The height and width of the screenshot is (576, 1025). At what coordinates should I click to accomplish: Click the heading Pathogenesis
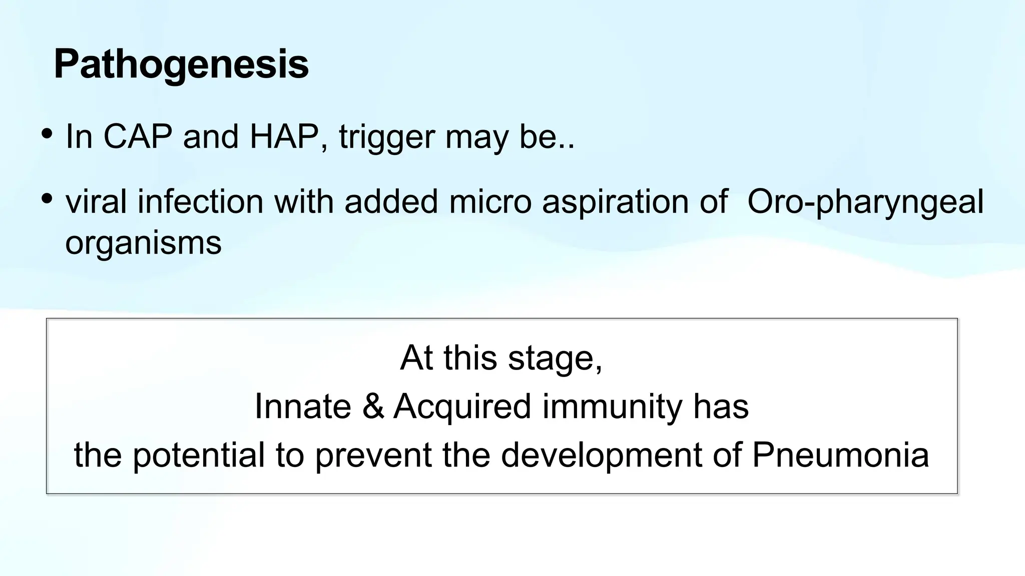(x=181, y=65)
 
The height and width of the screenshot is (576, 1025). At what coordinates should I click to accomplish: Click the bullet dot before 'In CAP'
(x=47, y=134)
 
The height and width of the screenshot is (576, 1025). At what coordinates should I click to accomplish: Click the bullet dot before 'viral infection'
(x=47, y=199)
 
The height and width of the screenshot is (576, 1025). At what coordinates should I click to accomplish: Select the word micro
(x=490, y=201)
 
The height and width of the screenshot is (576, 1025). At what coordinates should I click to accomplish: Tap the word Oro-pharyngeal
(x=865, y=202)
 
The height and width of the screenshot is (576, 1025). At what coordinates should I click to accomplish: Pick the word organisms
(x=143, y=243)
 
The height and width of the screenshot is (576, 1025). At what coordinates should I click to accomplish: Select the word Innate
(x=303, y=406)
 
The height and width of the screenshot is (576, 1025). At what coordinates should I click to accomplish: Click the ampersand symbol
(x=373, y=406)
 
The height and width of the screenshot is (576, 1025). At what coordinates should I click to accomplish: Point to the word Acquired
(x=462, y=407)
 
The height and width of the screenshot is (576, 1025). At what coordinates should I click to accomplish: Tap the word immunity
(x=612, y=407)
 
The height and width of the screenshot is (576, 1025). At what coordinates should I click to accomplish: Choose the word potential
(x=199, y=455)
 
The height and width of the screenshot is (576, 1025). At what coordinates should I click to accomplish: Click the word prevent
(x=373, y=455)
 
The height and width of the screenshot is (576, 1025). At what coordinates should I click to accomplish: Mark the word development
(x=602, y=455)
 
